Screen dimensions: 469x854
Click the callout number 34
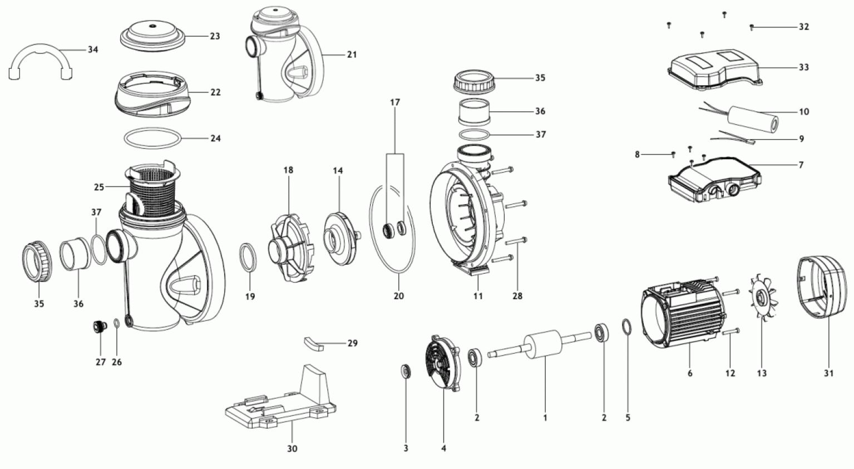pos(93,50)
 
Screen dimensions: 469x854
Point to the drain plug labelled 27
pos(99,326)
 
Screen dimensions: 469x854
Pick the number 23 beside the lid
pos(215,36)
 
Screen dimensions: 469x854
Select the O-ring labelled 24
pos(152,139)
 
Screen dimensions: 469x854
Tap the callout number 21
pos(352,55)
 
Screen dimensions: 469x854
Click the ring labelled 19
pos(248,257)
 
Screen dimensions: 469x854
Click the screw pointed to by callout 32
pos(752,26)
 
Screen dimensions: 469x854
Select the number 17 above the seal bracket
pos(395,103)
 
